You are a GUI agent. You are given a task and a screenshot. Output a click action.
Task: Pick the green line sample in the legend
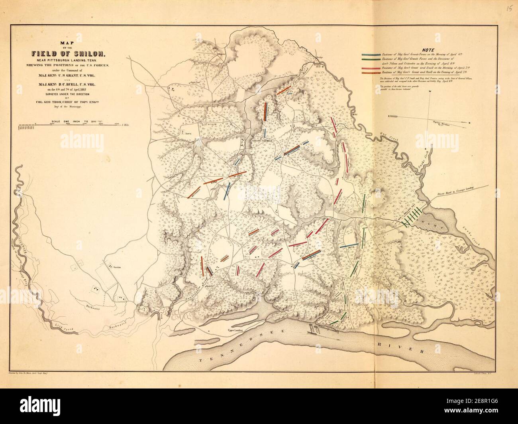coord(370,59)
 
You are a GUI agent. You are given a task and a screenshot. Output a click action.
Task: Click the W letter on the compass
coord(430,92)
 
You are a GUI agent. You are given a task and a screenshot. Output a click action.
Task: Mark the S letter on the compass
coord(389,116)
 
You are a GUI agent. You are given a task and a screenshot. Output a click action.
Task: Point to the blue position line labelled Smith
coord(348,247)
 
